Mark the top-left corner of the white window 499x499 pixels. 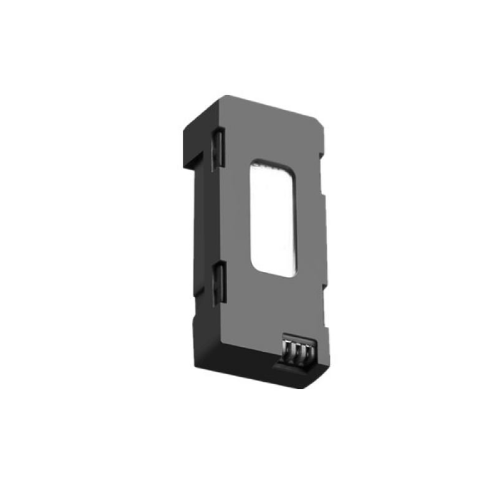pyautogui.click(x=252, y=163)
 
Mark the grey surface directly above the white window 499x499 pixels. pyautogui.click(x=274, y=134)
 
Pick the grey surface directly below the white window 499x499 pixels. pyautogui.click(x=268, y=306)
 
